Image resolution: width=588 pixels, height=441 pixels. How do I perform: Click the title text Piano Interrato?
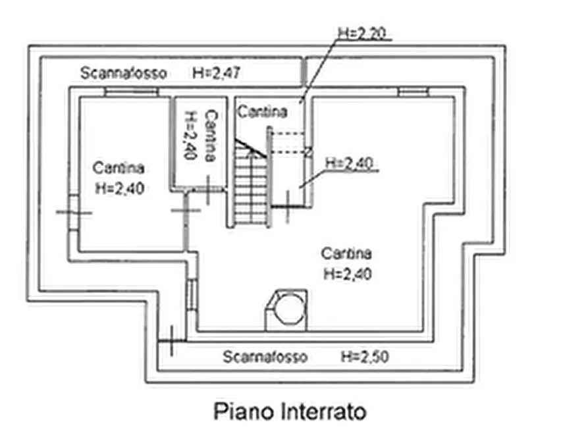(x=290, y=412)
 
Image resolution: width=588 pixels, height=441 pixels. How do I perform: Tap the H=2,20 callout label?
(x=362, y=34)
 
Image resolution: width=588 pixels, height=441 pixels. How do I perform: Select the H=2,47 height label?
(x=216, y=72)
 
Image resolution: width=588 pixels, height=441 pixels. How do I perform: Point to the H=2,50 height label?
(x=365, y=356)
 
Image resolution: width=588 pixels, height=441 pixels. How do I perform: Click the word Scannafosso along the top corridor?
(x=123, y=73)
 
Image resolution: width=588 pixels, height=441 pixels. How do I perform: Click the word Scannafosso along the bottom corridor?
(x=265, y=357)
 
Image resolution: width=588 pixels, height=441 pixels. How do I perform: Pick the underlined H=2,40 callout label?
(x=349, y=163)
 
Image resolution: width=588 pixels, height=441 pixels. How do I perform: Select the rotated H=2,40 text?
(x=190, y=135)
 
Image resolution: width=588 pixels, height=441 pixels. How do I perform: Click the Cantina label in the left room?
(x=119, y=168)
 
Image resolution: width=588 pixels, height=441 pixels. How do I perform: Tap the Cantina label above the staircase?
(x=263, y=111)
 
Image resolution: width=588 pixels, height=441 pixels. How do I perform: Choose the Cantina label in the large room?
(x=346, y=253)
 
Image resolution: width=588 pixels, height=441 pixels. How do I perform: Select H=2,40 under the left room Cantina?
(x=120, y=188)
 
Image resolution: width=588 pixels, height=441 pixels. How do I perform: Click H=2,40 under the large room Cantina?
(x=348, y=274)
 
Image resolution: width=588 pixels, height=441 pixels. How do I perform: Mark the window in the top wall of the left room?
(x=131, y=92)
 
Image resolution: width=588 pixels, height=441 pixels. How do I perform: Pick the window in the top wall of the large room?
(x=413, y=92)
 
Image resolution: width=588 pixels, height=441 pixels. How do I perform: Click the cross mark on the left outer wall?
(x=74, y=213)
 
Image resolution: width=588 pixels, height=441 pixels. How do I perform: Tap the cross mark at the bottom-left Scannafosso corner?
(x=171, y=340)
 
